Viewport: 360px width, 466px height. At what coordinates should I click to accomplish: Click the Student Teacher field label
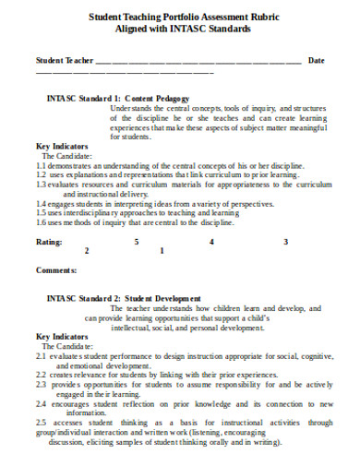click(x=65, y=61)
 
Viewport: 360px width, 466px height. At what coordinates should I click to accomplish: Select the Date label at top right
click(x=316, y=61)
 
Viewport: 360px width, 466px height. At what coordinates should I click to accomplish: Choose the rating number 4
click(x=211, y=241)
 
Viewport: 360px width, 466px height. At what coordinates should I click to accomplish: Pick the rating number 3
click(x=286, y=241)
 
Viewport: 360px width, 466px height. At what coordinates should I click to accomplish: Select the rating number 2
click(x=87, y=250)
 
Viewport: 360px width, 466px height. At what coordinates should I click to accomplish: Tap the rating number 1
click(x=162, y=250)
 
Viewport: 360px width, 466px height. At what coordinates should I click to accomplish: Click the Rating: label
click(x=49, y=241)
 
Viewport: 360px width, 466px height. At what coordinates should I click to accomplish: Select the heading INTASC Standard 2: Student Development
click(x=123, y=299)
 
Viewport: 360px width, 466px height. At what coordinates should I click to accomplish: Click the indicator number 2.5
click(x=41, y=424)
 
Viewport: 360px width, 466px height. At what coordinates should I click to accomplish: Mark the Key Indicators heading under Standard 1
click(x=62, y=146)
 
